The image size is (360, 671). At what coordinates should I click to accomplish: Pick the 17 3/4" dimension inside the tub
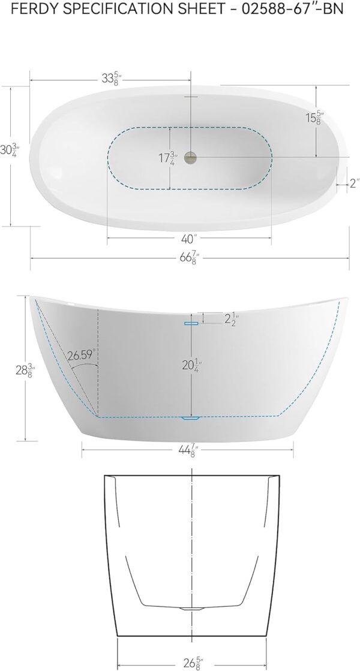tap(167, 158)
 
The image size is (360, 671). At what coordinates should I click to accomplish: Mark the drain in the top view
tap(190, 158)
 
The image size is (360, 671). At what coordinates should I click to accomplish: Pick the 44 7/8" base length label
tap(188, 452)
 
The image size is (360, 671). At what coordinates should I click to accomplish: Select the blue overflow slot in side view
tap(191, 323)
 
